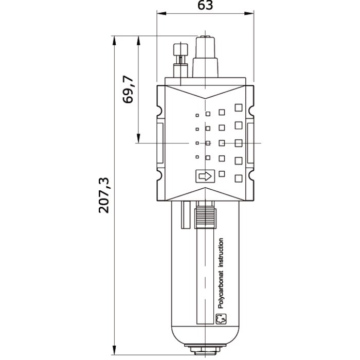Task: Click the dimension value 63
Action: coord(205,5)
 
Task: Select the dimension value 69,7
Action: coord(128,89)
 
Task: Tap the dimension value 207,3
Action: coord(104,195)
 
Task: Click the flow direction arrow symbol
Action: coord(205,176)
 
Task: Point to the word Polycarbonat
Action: coord(221,290)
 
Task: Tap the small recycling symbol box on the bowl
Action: coord(221,319)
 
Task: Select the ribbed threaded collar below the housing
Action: coord(205,219)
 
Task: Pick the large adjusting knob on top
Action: coord(205,57)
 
